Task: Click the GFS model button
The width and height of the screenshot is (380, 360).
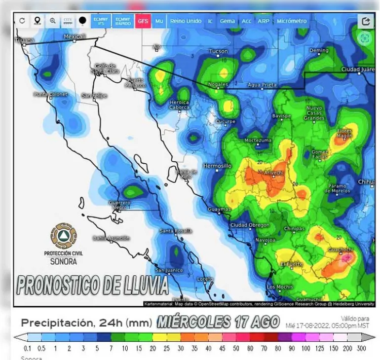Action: coord(143,21)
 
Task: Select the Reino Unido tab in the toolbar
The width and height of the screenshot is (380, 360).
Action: coord(186,21)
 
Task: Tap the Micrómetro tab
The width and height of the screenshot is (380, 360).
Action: coord(291,21)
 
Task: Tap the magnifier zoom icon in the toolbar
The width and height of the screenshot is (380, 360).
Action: coord(53,21)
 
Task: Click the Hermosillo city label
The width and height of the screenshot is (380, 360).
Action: coord(217,166)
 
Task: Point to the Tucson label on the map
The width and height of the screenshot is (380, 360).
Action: coord(218,51)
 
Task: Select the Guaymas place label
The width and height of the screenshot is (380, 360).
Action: coord(219,209)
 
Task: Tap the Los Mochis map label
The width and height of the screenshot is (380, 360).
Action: coord(280,287)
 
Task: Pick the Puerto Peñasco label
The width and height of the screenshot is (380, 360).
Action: coord(136,83)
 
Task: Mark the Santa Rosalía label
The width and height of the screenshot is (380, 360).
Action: coord(176,231)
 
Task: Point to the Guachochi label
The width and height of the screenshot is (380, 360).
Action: coord(341,249)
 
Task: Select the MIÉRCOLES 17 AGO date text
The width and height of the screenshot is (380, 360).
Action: coord(218,321)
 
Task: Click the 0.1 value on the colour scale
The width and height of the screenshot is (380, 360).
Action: coord(28,349)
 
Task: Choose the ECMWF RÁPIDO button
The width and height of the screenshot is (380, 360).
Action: coord(122,21)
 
